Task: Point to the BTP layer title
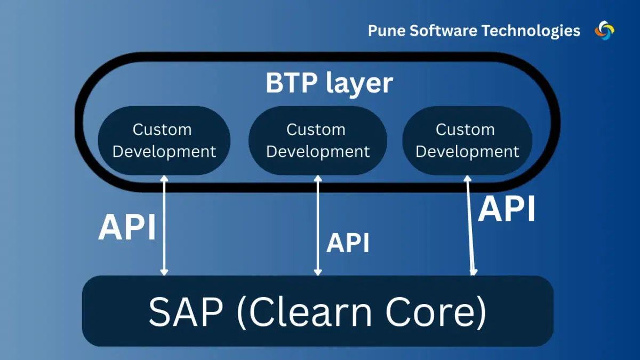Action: pyautogui.click(x=329, y=83)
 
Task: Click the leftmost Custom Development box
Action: pyautogui.click(x=164, y=141)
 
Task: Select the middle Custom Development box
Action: pyautogui.click(x=317, y=141)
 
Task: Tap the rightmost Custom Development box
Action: pyautogui.click(x=467, y=141)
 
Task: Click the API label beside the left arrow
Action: pyautogui.click(x=127, y=228)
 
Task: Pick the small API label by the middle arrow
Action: pyautogui.click(x=348, y=243)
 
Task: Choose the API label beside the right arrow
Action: pyautogui.click(x=506, y=209)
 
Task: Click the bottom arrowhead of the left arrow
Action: pyautogui.click(x=164, y=271)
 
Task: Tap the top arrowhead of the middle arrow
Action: pyautogui.click(x=318, y=179)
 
